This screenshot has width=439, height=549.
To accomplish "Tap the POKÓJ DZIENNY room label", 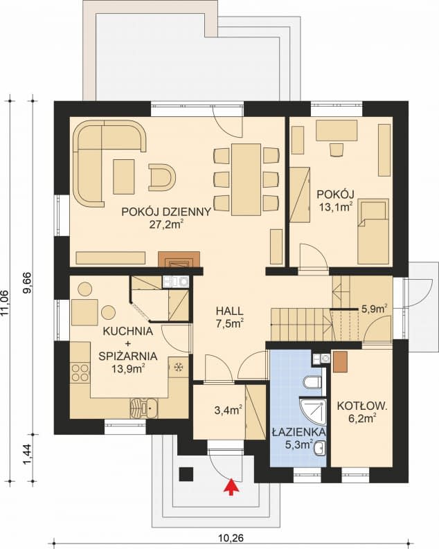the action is (166, 212).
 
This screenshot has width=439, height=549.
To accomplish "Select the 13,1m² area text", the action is (335, 206).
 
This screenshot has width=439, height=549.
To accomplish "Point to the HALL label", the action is (229, 311).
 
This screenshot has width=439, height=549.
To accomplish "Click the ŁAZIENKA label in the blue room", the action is (298, 433).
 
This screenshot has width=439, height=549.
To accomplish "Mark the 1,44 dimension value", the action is (28, 455).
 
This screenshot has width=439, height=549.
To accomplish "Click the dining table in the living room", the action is (246, 179).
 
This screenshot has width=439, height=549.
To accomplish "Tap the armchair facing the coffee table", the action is (162, 177).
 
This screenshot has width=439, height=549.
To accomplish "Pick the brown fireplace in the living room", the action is (179, 259).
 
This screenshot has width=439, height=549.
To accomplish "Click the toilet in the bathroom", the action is (312, 382).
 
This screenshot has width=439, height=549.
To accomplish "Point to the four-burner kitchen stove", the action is (80, 372).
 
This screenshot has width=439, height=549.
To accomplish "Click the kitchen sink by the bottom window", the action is (144, 408).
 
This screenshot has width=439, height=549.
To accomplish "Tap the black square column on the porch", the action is (186, 474).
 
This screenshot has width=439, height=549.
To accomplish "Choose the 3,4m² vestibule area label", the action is (229, 410).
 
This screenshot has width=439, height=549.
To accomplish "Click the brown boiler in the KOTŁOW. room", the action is (340, 361).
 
